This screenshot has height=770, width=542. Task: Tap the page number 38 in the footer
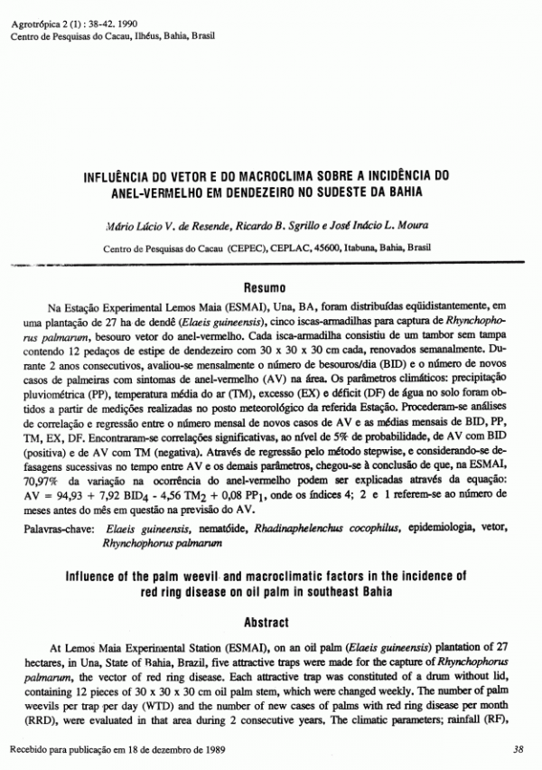(x=518, y=750)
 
